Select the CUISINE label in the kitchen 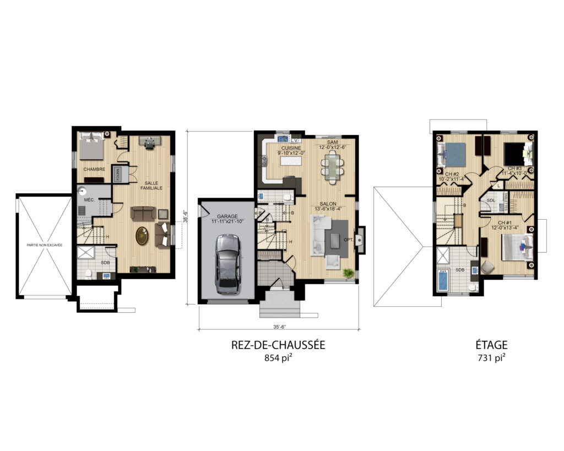tap(291, 148)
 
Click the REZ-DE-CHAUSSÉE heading tap(278, 345)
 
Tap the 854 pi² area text tap(278, 358)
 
